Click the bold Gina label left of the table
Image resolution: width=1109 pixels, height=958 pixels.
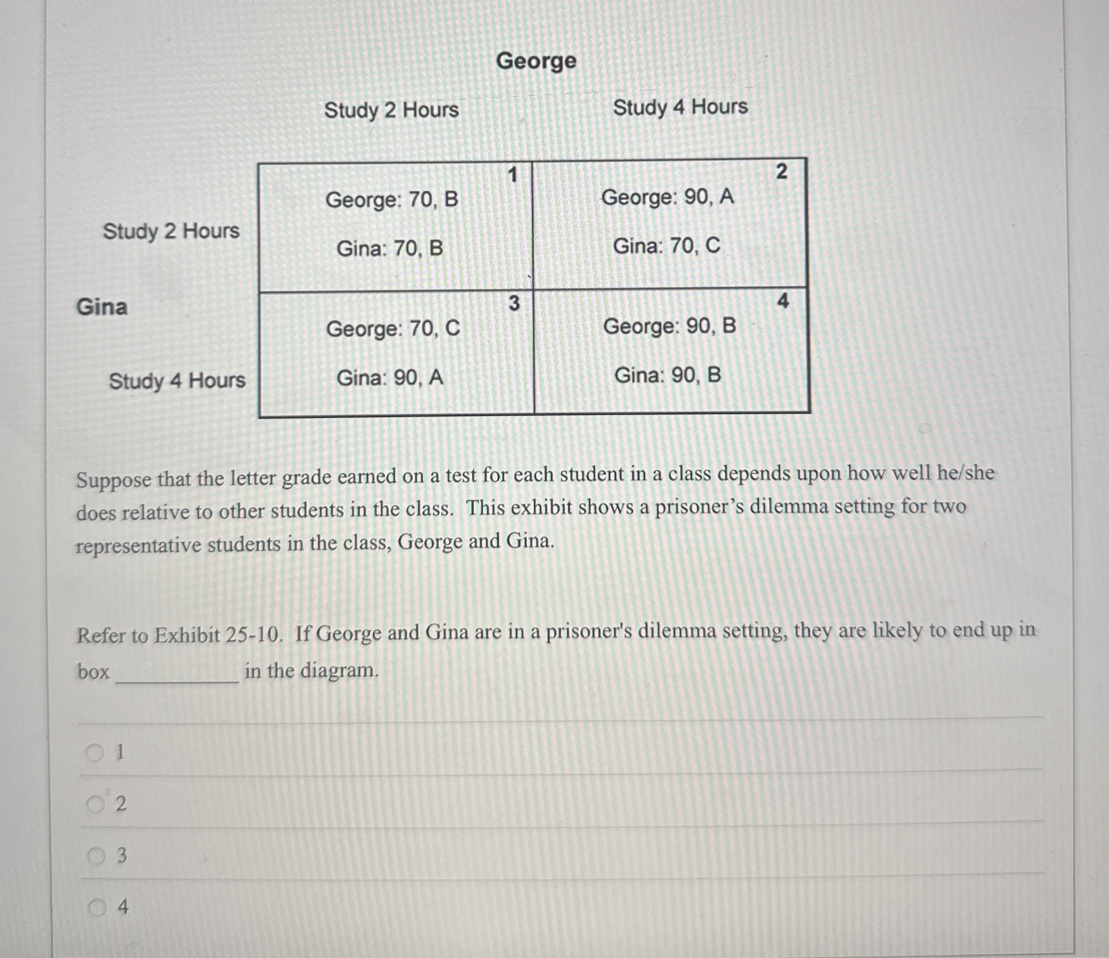point(102,307)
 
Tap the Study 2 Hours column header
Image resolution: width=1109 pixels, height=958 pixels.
point(391,110)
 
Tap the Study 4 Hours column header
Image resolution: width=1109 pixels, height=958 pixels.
point(680,107)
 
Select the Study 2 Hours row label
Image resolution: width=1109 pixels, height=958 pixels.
point(171,231)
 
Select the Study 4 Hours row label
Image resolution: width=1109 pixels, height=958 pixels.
point(177,381)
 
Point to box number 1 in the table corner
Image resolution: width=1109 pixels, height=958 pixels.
point(513,174)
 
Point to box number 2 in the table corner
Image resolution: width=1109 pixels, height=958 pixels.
point(781,172)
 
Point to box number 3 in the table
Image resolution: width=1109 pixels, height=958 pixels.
point(513,303)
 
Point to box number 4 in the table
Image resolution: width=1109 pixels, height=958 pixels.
point(783,302)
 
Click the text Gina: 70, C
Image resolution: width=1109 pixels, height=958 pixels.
point(667,246)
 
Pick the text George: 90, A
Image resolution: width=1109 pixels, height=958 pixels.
point(667,198)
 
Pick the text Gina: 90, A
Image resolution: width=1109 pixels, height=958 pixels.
point(390,378)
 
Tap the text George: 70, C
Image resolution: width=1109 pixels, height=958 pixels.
point(393,328)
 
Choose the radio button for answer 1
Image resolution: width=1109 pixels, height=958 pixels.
point(95,753)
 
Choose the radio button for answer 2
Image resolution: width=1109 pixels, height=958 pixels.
point(95,804)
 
